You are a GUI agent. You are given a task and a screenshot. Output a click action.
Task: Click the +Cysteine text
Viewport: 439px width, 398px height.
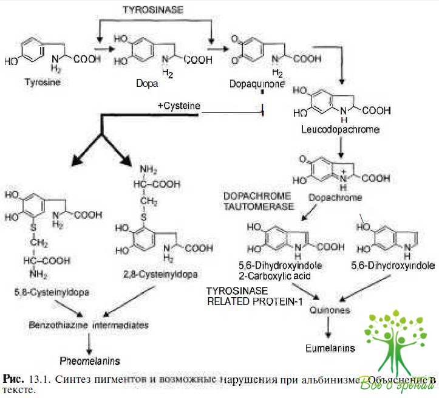click(179, 106)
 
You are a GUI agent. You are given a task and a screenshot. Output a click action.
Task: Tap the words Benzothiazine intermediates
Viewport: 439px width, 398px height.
click(89, 325)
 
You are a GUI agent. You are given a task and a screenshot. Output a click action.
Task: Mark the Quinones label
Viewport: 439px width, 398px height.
click(329, 310)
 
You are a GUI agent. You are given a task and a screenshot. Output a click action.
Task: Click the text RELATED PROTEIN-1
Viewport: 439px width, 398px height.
click(254, 301)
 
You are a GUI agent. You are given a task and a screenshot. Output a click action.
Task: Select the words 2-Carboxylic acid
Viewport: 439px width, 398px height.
click(278, 275)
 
